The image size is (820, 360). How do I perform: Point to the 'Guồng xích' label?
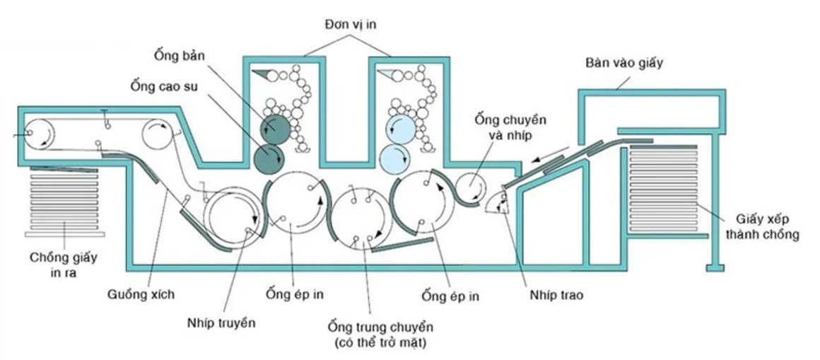(141, 295)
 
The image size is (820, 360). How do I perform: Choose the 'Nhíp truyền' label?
(221, 323)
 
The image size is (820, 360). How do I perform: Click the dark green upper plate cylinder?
(275, 129)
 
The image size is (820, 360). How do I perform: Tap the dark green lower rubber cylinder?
(269, 158)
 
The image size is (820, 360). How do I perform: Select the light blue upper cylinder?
(402, 129)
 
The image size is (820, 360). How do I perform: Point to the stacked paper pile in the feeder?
(664, 188)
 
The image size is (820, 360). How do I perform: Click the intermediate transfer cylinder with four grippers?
(363, 218)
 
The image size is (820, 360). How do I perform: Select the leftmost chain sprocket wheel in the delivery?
(38, 134)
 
